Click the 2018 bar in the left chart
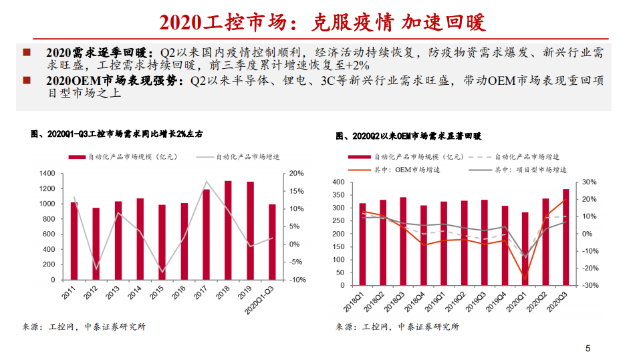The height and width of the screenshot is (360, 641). (x=228, y=230)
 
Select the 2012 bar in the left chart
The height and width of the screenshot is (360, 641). (x=96, y=244)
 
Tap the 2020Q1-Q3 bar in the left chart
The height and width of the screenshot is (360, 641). (x=271, y=242)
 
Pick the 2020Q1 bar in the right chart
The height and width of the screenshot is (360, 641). (x=525, y=248)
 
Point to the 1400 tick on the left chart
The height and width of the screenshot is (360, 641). (x=47, y=173)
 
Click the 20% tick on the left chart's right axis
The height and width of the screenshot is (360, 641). (x=295, y=173)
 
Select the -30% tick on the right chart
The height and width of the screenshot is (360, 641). (x=590, y=285)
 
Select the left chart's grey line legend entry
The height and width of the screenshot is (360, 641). (x=246, y=157)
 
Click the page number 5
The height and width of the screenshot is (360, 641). (x=588, y=349)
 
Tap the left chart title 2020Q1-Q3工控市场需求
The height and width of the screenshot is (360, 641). (x=117, y=134)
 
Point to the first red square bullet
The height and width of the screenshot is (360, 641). (x=26, y=52)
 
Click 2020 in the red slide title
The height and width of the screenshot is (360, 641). (x=180, y=22)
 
